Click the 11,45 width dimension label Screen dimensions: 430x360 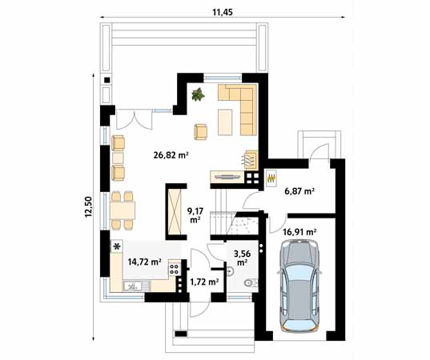tap(223, 12)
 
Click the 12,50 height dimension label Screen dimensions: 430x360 tap(88, 207)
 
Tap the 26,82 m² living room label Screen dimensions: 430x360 tap(171, 155)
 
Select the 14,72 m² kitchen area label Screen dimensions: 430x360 tap(144, 262)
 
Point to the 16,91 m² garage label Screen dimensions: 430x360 tap(299, 232)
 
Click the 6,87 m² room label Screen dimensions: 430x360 tap(299, 191)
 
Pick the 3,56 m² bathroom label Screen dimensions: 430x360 tap(242, 258)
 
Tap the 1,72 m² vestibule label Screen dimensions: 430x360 tap(204, 282)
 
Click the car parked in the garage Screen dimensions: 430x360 tap(299, 286)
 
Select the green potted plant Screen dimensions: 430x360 tap(198, 94)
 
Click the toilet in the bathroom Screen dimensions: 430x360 tap(250, 282)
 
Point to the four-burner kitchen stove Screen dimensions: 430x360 tap(174, 269)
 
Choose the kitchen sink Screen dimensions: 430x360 tap(136, 286)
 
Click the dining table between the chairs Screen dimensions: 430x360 tap(123, 210)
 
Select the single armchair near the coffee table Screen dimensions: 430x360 tap(200, 132)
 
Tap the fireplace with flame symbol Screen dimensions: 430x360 tap(250, 160)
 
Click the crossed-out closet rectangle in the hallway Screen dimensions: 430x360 tap(175, 211)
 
